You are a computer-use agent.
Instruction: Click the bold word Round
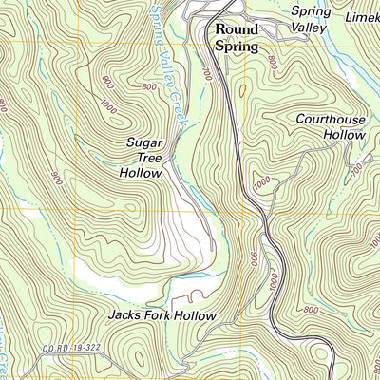237,28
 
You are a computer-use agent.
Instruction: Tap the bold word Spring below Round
236,45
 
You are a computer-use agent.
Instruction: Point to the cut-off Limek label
362,18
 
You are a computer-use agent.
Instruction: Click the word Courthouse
329,120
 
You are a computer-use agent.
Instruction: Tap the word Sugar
146,142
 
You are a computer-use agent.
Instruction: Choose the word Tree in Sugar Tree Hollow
146,158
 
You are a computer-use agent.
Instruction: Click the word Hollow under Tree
142,173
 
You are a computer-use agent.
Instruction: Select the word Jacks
125,314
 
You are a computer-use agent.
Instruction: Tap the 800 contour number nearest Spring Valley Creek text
149,88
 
